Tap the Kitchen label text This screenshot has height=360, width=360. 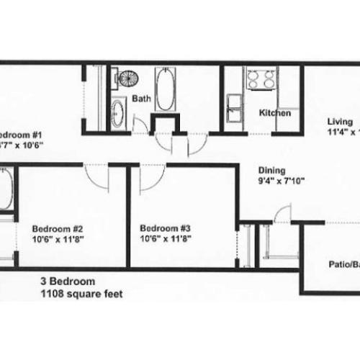(x=275, y=114)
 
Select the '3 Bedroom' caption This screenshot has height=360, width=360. (x=68, y=282)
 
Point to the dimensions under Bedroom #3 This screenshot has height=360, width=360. (x=166, y=235)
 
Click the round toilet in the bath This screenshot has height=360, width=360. (x=127, y=78)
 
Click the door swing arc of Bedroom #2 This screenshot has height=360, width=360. (x=96, y=174)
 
